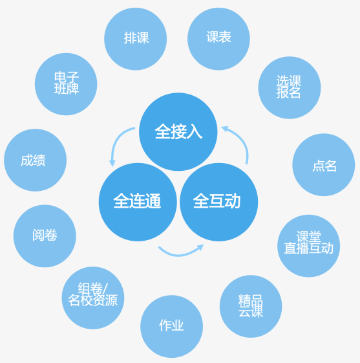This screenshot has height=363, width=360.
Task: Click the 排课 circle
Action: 136,39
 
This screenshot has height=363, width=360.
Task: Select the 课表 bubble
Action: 218,39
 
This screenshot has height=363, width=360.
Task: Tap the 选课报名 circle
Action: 290,87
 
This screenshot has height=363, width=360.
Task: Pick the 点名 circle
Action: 324,164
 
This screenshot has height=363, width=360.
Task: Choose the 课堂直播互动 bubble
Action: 309,246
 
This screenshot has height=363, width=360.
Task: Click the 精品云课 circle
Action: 251,306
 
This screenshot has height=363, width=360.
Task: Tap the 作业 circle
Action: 171,326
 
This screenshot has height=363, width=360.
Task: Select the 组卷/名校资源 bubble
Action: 93,298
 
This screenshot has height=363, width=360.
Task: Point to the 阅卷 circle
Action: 45,236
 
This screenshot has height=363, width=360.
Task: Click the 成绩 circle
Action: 35,160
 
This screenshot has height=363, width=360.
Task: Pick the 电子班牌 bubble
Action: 66,84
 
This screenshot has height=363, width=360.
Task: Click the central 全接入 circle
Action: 178,132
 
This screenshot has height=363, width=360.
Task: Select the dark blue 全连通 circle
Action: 138,202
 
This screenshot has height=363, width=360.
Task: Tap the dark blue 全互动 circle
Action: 218,202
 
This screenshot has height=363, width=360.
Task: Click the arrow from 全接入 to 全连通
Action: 115,141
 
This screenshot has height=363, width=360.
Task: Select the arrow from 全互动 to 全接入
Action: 243,141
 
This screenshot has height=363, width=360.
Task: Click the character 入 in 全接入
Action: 195,131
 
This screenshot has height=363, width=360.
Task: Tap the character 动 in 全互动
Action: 233,201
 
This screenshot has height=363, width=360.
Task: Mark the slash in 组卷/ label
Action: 105,288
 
